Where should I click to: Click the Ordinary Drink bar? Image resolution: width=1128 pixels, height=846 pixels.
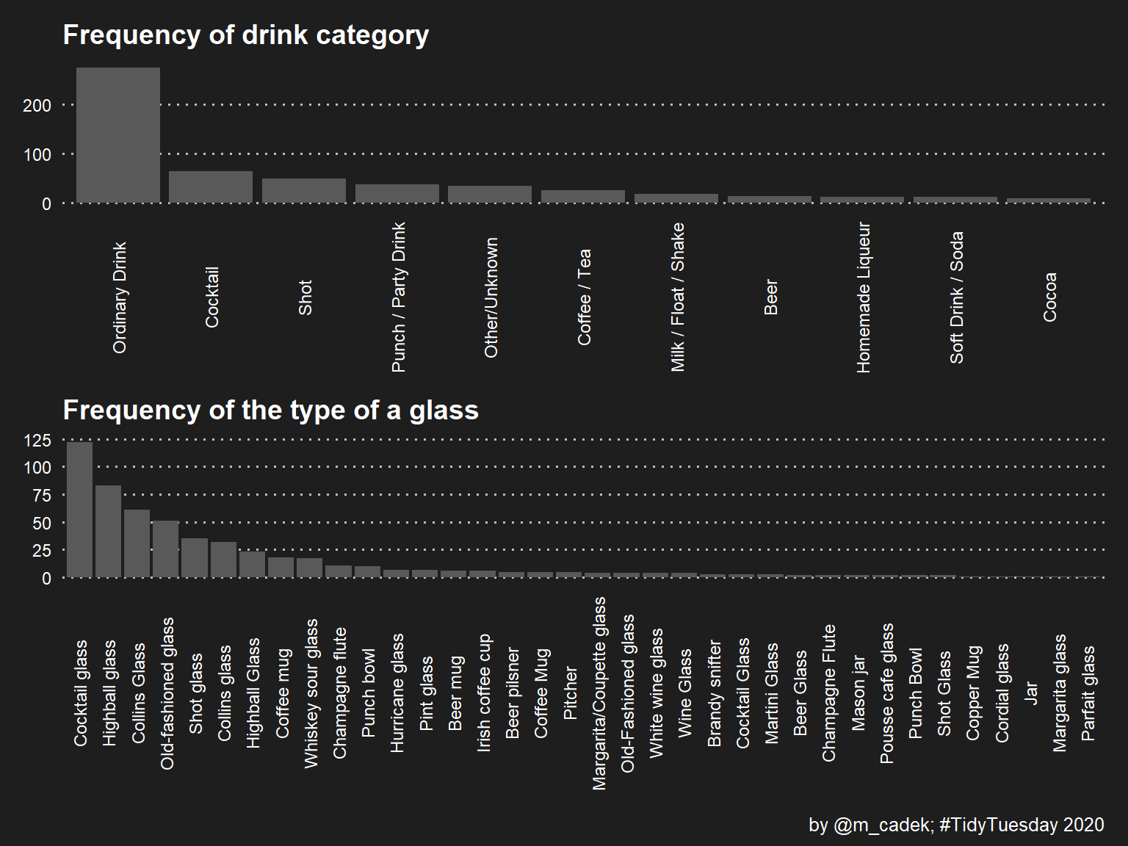pos(118,135)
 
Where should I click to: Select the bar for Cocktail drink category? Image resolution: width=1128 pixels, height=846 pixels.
pos(211,187)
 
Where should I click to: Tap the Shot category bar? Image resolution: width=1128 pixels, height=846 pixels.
pos(304,190)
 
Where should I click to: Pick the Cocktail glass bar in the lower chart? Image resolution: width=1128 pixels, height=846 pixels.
pos(80,509)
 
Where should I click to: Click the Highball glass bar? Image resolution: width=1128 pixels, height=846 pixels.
pos(109,531)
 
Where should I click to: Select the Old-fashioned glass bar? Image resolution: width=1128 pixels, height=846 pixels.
pos(165,549)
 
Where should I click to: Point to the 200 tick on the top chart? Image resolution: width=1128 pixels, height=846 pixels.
pos(37,106)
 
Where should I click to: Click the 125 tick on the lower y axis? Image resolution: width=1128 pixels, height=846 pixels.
pos(37,441)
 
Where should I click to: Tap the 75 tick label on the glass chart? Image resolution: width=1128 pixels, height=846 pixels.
pos(42,496)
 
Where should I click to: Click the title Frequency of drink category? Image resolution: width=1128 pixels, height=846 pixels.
pos(246,35)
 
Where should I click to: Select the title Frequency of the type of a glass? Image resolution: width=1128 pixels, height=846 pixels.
pos(270,410)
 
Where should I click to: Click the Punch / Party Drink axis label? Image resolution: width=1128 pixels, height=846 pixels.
pos(398,297)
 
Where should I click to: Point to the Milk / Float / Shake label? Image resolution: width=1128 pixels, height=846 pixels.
pos(677,297)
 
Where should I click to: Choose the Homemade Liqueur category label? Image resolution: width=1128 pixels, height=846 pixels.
pos(864,297)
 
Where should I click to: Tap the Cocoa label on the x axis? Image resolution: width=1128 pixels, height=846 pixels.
pos(1050,297)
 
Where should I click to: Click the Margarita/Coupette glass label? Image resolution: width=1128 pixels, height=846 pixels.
pos(599,693)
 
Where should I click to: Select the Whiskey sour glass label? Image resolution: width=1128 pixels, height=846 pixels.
pos(311,693)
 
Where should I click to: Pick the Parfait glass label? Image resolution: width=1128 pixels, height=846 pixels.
pos(1088,693)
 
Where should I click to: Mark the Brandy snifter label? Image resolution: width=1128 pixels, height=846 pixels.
pos(714,693)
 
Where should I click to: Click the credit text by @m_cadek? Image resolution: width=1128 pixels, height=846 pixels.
pos(956,825)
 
